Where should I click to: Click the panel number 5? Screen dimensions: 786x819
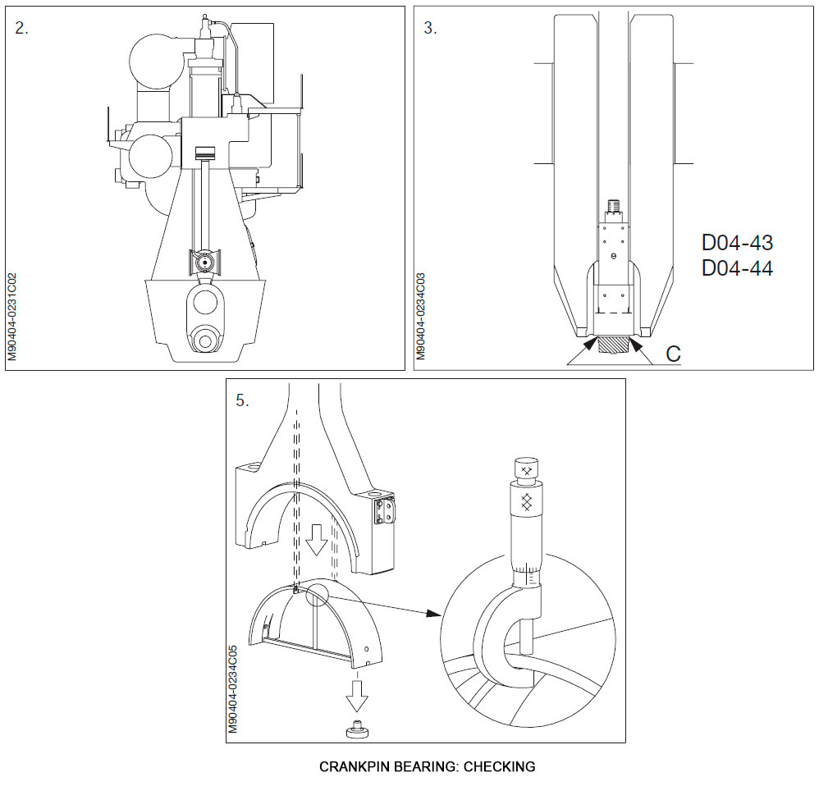241,400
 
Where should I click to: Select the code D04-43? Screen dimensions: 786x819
737,243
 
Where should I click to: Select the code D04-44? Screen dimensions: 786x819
737,268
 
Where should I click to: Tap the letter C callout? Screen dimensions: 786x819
673,354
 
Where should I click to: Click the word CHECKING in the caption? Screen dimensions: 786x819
499,767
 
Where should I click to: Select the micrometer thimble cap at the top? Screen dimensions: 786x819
525,468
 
